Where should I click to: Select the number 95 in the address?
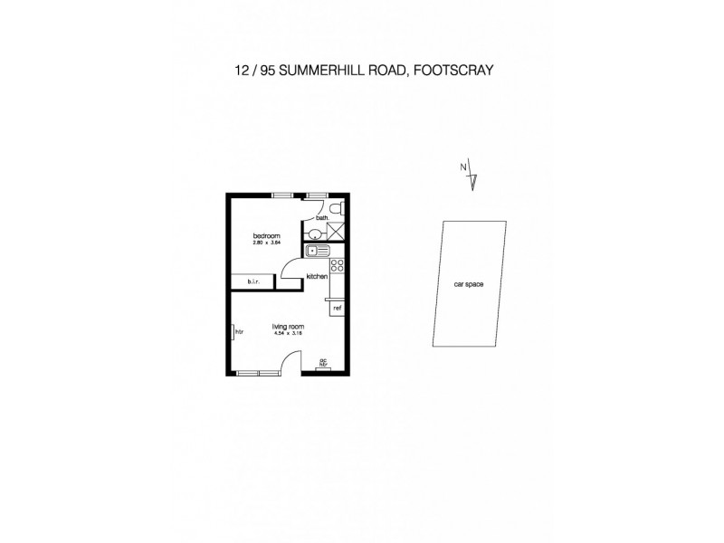[x=265, y=69]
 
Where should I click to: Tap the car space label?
[x=468, y=284]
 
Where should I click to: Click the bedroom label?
[x=265, y=236]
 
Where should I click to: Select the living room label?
[x=288, y=327]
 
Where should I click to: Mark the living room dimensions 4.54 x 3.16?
[x=288, y=333]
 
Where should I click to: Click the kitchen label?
[x=316, y=276]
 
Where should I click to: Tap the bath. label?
[x=321, y=217]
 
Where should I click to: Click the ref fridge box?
[x=338, y=308]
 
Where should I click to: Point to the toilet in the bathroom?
[x=337, y=210]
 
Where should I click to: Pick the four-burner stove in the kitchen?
[x=338, y=265]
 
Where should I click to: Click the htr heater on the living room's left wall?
[x=233, y=332]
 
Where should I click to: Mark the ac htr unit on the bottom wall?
[x=323, y=365]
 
